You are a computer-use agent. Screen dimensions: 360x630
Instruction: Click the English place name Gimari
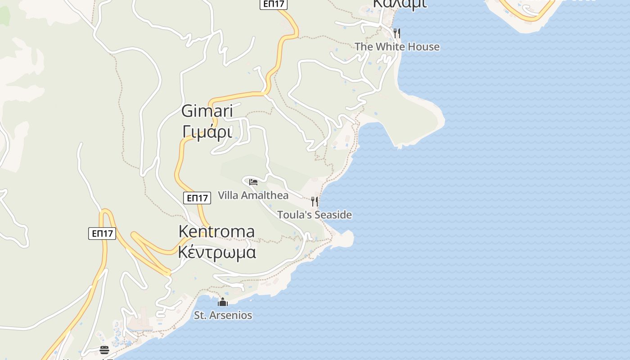(x=207, y=111)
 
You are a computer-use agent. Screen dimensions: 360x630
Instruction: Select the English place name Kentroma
(x=216, y=231)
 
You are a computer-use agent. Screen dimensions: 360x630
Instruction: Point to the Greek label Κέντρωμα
(x=217, y=252)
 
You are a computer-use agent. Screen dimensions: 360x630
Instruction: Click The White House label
(x=397, y=47)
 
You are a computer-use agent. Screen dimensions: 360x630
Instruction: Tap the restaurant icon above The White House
(x=396, y=33)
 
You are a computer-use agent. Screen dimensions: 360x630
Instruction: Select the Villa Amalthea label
(x=253, y=195)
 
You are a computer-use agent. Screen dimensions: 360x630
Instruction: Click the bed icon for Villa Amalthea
(x=253, y=182)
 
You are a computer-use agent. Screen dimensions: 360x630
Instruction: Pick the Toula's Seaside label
(x=314, y=215)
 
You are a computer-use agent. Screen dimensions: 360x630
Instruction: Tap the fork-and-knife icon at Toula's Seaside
(x=315, y=201)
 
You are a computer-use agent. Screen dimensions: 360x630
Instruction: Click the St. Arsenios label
(x=223, y=315)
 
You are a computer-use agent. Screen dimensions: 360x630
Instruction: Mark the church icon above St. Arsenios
(x=223, y=301)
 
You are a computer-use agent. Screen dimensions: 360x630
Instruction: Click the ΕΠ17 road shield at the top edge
(x=274, y=4)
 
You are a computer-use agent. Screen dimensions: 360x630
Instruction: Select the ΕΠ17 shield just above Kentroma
(x=197, y=198)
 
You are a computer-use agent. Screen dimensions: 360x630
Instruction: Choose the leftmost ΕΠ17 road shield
(x=102, y=233)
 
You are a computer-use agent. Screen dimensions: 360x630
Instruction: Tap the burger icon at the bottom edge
(x=104, y=350)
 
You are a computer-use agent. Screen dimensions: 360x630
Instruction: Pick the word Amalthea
(x=265, y=195)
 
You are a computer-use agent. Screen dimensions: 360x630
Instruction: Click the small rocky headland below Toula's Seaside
(x=346, y=237)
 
